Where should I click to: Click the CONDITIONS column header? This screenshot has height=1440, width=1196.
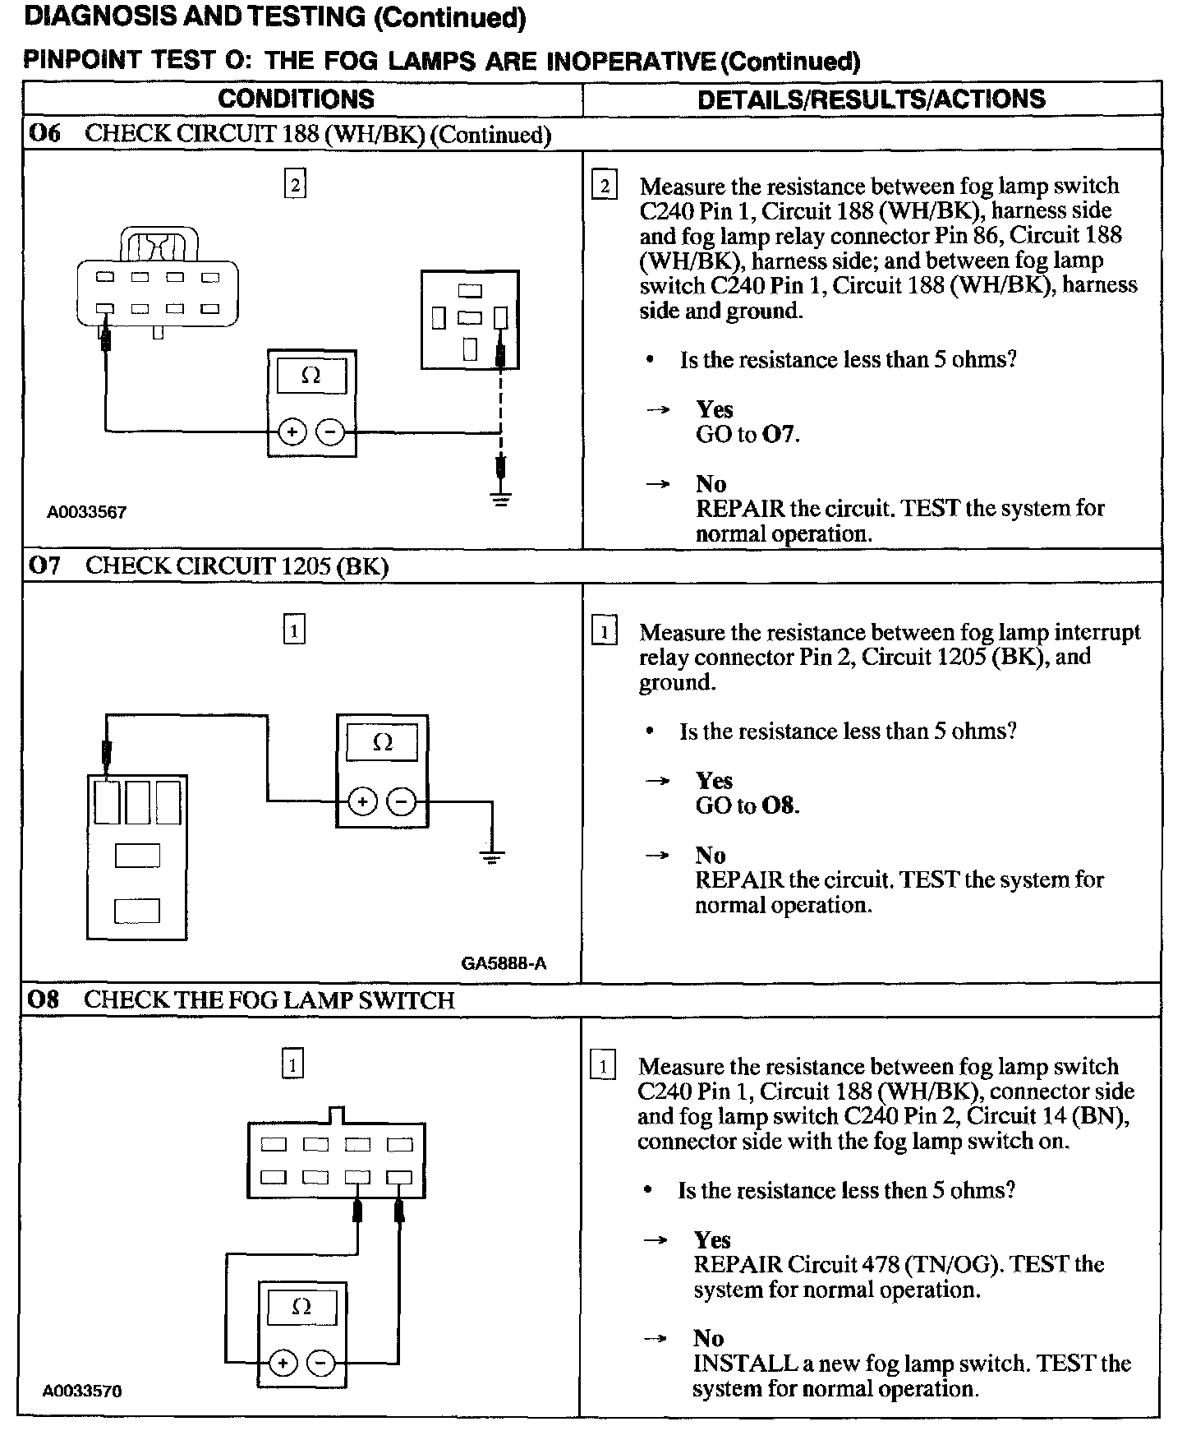[296, 99]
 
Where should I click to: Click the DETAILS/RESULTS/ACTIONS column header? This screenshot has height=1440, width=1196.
[871, 99]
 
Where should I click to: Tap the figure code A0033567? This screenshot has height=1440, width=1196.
[86, 513]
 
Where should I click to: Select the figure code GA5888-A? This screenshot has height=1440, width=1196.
[504, 963]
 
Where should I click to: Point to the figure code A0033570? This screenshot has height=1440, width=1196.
[82, 1392]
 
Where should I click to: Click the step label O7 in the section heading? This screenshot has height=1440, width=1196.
[44, 566]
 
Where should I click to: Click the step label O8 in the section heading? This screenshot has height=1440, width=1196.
[44, 1000]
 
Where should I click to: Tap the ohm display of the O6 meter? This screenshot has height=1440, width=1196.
[311, 376]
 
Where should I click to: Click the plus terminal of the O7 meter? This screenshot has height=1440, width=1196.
[362, 802]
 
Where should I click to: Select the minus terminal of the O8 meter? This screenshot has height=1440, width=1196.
[320, 1364]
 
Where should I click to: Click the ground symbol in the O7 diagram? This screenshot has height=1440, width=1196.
[492, 858]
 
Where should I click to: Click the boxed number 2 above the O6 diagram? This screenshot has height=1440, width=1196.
[295, 184]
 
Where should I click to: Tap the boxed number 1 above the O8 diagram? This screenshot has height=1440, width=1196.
[292, 1065]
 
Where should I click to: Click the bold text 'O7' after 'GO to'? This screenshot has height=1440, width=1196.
[779, 435]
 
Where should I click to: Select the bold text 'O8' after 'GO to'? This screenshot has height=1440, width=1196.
[779, 805]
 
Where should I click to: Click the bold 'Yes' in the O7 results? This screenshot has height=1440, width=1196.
[714, 780]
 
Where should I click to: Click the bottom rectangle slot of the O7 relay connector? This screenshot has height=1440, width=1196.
[137, 911]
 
